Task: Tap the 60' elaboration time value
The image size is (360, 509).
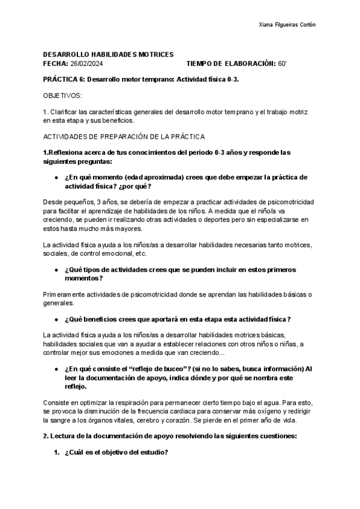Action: tap(283, 64)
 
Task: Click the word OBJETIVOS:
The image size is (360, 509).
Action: tap(63, 95)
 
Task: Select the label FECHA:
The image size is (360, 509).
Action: tap(55, 64)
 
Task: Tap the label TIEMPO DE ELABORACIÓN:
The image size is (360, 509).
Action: tap(231, 64)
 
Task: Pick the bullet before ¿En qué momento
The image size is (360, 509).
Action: tap(56, 178)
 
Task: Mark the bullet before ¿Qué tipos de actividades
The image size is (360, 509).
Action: tap(56, 270)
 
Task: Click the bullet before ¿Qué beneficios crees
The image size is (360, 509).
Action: tap(56, 319)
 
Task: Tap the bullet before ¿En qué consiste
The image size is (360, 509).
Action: tap(56, 368)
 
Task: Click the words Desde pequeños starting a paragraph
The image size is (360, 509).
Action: tap(68, 203)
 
